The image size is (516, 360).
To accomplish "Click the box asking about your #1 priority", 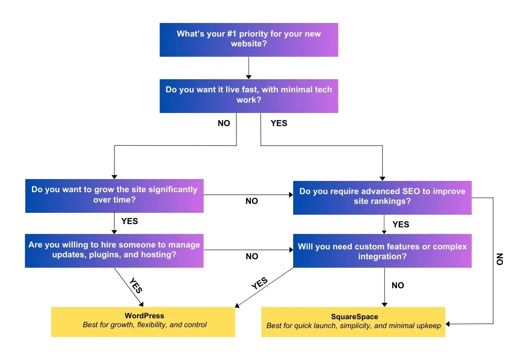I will (249, 39).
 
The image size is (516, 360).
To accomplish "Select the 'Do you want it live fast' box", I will (249, 96).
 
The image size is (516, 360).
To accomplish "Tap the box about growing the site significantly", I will (114, 195).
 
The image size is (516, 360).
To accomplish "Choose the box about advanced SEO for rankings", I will (382, 197).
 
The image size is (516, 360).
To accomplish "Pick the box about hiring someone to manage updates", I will (114, 251).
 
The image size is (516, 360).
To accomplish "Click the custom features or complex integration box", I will (382, 251).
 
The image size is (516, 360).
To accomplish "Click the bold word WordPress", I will (144, 316).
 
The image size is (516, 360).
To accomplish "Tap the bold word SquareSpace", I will (354, 317).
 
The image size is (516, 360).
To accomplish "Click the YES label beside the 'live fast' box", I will (279, 123).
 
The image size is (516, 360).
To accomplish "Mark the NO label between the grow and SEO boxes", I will (252, 201).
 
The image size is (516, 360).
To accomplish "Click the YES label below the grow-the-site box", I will (129, 221).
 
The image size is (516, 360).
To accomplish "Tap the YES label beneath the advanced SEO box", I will (401, 225).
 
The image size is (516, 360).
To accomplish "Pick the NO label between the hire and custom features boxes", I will (252, 256).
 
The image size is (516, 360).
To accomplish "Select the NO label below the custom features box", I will (397, 285).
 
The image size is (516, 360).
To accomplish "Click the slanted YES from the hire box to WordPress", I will (135, 284).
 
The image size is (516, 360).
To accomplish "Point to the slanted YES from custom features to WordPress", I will (259, 284).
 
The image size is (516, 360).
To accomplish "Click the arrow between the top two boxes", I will (249, 68).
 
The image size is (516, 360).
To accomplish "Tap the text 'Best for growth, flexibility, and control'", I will (144, 324).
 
